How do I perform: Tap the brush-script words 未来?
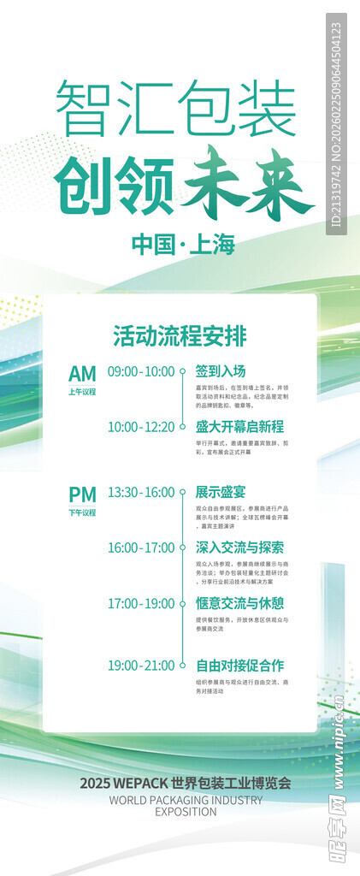248,182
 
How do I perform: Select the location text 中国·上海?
183,245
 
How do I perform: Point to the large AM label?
82,373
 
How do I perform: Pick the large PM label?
82,494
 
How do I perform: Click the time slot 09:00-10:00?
141,372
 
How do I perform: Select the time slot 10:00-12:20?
141,426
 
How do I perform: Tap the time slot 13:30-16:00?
141,493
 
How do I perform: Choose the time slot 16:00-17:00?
141,547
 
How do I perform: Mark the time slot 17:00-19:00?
141,603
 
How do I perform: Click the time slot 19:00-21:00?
141,665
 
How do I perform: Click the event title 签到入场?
221,372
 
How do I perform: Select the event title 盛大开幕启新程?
239,426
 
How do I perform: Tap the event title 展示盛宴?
221,493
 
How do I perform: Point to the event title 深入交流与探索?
239,547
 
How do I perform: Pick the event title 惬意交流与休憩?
239,603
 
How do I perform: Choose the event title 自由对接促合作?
239,665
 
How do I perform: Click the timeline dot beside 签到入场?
183,372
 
